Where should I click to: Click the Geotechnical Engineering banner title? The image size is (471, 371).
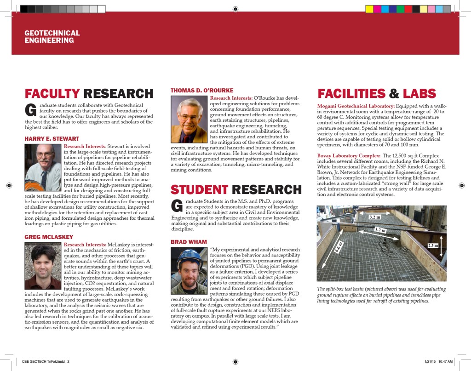pos(52,37)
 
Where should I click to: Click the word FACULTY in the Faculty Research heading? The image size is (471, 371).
pos(52,93)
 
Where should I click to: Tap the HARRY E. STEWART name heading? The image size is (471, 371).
pos(52,139)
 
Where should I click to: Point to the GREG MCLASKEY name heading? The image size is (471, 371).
pos(48,237)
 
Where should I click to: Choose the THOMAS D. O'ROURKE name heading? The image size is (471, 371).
pos(201,90)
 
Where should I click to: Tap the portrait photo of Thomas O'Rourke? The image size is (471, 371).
pos(189,120)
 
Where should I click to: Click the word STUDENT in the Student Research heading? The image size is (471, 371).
pos(199,189)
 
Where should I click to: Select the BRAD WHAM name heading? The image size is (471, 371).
pos(189,242)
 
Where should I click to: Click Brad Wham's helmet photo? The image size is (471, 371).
pos(189,270)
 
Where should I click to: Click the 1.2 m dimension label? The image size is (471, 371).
pos(379,229)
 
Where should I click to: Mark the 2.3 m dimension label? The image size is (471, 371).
pos(432,245)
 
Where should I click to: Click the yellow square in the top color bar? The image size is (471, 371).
pos(369,9)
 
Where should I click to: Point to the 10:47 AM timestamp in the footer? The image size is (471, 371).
pos(444,361)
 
